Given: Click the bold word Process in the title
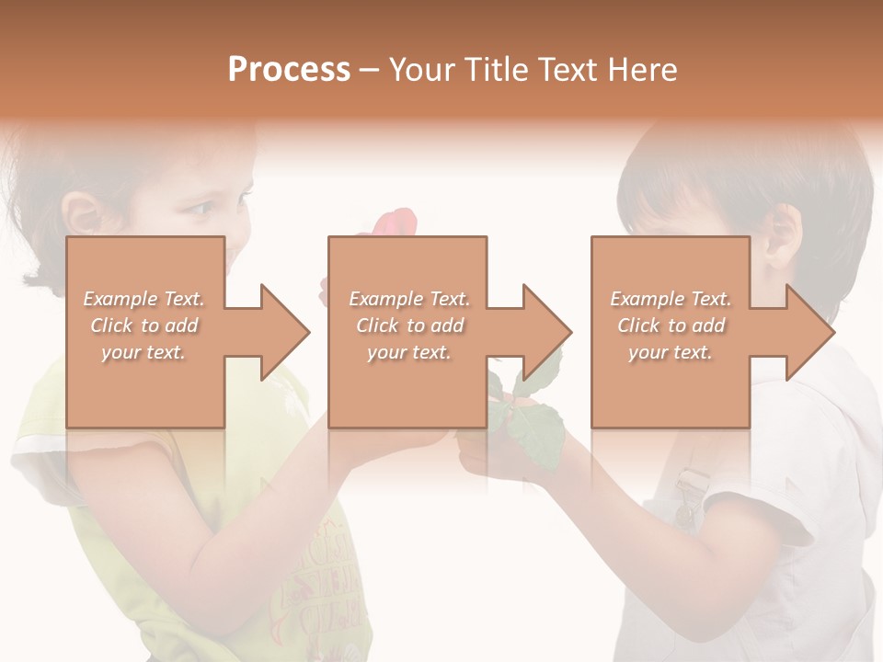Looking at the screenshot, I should [x=289, y=70].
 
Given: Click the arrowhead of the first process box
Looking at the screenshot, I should [x=284, y=332].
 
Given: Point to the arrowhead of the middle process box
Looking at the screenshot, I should [x=546, y=332].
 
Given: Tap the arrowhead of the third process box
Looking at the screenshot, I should [x=809, y=332].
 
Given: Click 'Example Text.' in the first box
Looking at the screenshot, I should [x=143, y=299].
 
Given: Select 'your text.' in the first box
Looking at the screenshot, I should [x=143, y=352].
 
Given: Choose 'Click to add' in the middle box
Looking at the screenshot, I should [x=409, y=325].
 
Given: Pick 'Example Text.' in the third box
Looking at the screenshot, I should [x=671, y=299].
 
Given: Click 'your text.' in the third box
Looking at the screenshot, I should [x=671, y=352].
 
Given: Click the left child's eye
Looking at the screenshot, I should [x=201, y=209].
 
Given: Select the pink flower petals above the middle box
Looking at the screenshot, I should [x=394, y=223].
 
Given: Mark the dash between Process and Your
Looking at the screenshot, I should [x=370, y=70].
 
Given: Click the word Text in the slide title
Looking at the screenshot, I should [x=567, y=70].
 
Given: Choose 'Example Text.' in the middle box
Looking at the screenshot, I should [x=409, y=299].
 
